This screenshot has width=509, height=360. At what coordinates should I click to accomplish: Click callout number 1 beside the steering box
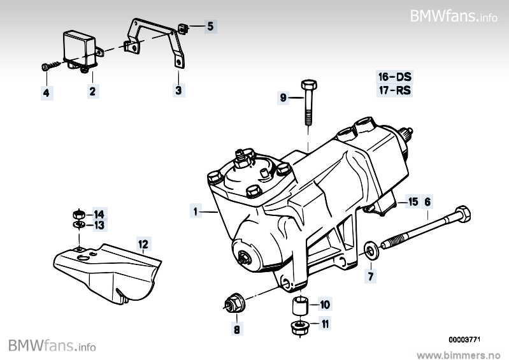point(194,210)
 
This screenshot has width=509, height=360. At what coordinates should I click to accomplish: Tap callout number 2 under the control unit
point(92,92)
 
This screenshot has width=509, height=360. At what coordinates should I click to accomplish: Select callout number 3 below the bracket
point(179,91)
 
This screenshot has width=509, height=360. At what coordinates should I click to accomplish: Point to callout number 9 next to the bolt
point(283,97)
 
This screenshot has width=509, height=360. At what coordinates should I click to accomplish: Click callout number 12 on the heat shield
point(143,243)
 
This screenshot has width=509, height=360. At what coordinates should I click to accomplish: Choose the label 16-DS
point(395,76)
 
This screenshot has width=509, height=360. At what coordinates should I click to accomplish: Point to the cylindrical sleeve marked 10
point(301,306)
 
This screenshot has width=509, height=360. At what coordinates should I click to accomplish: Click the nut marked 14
point(78,213)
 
